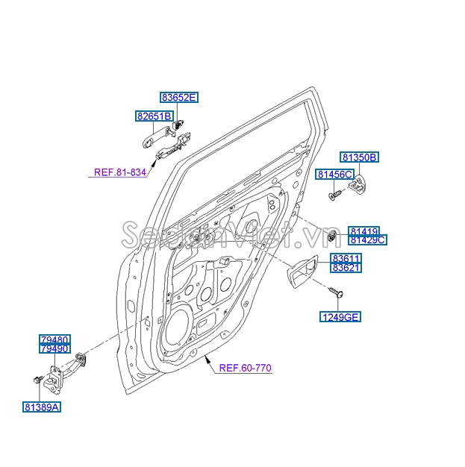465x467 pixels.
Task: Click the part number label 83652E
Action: pos(179,97)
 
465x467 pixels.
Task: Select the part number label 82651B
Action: pos(155,116)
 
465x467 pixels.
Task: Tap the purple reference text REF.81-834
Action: pos(119,172)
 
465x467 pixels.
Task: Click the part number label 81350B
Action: pos(361,157)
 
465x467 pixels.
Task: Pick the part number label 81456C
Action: pos(334,174)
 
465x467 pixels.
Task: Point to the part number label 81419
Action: pos(365,231)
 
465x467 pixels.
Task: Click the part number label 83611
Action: pos(346,259)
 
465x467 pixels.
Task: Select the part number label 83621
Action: pos(346,269)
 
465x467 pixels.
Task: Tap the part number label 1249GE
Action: pos(341,317)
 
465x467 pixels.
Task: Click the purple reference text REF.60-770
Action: pos(245,367)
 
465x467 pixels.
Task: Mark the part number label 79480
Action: pos(55,339)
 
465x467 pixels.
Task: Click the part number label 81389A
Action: pos(41,407)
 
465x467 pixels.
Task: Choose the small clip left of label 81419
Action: pos(330,237)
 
